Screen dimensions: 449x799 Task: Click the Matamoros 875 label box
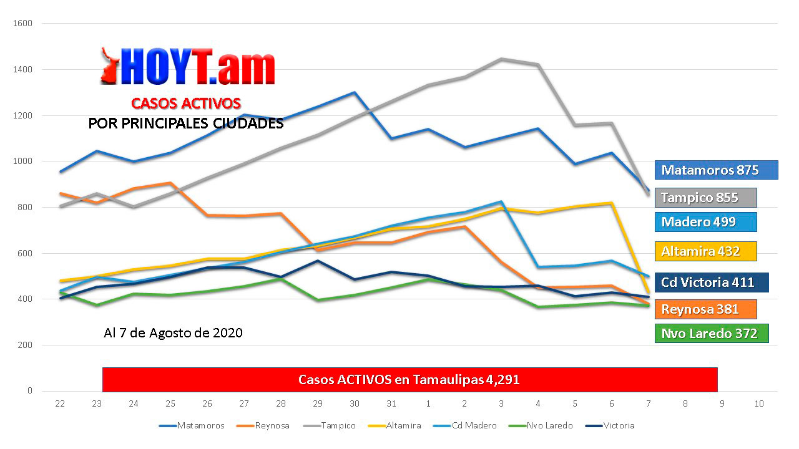click(716, 170)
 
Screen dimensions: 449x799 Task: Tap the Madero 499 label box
click(705, 222)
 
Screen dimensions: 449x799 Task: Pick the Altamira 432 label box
click(705, 251)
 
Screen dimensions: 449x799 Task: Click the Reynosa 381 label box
click(705, 309)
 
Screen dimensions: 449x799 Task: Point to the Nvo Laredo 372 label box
click(712, 334)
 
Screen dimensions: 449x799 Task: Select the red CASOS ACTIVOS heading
click(185, 104)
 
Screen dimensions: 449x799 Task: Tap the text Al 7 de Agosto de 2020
click(173, 333)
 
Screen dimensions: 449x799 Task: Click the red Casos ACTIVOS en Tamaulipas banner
click(409, 380)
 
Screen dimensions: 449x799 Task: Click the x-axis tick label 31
click(391, 404)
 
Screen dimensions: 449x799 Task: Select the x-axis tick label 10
click(759, 404)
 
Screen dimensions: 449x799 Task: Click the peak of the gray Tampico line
click(502, 59)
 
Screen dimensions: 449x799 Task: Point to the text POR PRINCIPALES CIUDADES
click(185, 123)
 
